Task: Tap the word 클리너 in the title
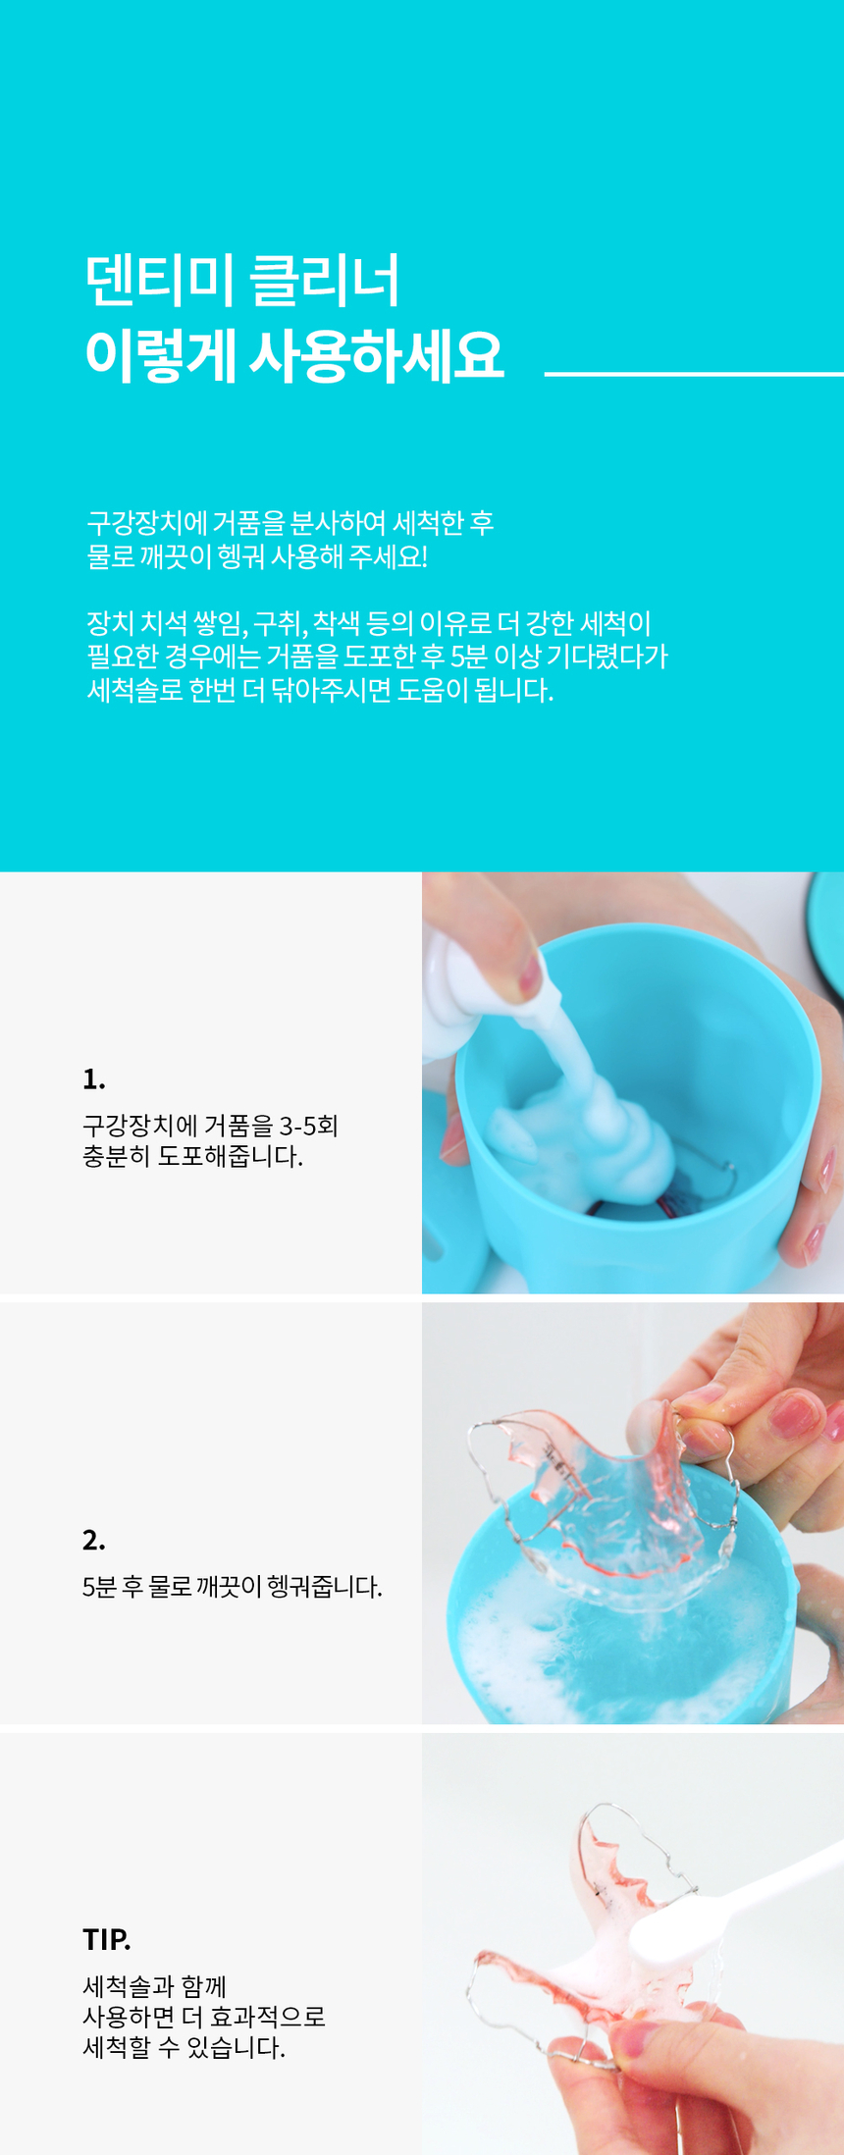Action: click(325, 281)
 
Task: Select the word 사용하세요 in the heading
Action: click(376, 355)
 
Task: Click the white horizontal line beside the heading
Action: click(694, 374)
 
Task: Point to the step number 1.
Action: click(94, 1079)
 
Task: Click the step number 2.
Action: click(94, 1540)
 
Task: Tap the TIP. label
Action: click(107, 1939)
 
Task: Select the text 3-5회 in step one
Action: click(309, 1125)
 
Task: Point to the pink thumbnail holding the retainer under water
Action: click(796, 1415)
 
